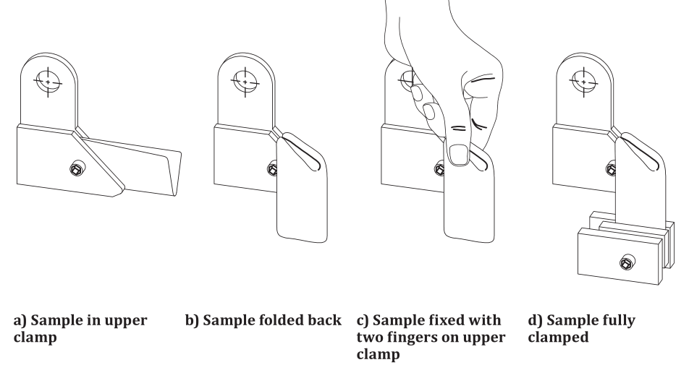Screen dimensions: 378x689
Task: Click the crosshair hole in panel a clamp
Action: pos(48,82)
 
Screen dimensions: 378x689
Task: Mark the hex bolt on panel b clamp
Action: pos(272,170)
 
